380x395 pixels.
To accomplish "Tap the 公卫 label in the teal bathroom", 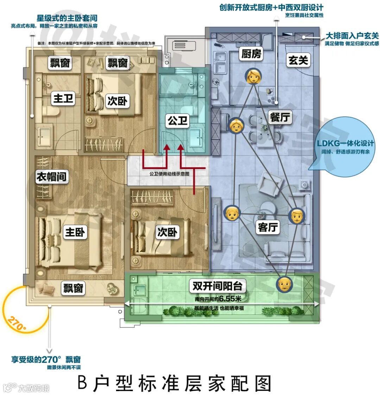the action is [x=178, y=121].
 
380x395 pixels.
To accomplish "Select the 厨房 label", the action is [x=252, y=54].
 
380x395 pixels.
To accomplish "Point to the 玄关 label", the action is [x=298, y=61].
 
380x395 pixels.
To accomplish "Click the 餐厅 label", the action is [x=280, y=117].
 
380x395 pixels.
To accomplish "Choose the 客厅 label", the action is [x=268, y=227].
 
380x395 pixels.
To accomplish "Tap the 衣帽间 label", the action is [x=52, y=177].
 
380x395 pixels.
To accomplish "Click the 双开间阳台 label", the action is [x=217, y=286].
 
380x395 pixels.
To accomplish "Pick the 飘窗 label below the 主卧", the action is [x=73, y=289].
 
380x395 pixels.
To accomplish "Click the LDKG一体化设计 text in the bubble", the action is [x=345, y=144].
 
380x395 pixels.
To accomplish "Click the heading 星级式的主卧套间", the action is [x=67, y=18].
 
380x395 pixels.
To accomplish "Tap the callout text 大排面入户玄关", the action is [x=352, y=36].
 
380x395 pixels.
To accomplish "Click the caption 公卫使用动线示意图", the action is [x=169, y=174].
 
